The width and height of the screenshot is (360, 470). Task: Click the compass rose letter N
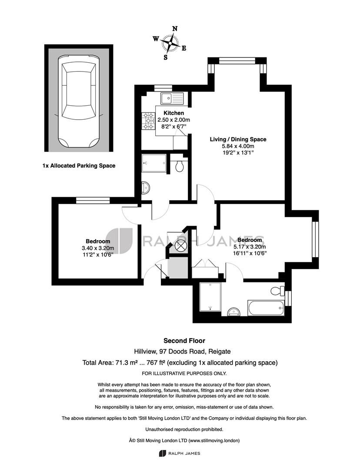(175, 29)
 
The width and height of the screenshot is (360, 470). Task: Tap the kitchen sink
(172, 98)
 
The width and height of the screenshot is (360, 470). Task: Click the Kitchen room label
(174, 113)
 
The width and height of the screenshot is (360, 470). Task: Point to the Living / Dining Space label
(238, 139)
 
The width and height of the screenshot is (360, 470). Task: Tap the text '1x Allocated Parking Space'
(79, 165)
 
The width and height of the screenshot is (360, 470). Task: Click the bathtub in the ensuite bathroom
(266, 308)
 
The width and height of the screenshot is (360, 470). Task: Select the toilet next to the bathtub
(277, 290)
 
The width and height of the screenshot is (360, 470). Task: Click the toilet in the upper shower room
(180, 165)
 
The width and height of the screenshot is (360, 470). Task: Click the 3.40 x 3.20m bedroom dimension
(98, 248)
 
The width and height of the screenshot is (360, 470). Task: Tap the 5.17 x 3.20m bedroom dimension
(250, 247)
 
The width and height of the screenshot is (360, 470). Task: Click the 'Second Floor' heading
(184, 340)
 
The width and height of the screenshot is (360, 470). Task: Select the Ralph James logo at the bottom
(180, 453)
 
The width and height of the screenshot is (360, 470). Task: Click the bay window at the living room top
(237, 60)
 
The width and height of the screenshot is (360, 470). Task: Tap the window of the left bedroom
(93, 200)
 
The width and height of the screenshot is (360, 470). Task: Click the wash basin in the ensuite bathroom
(233, 312)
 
